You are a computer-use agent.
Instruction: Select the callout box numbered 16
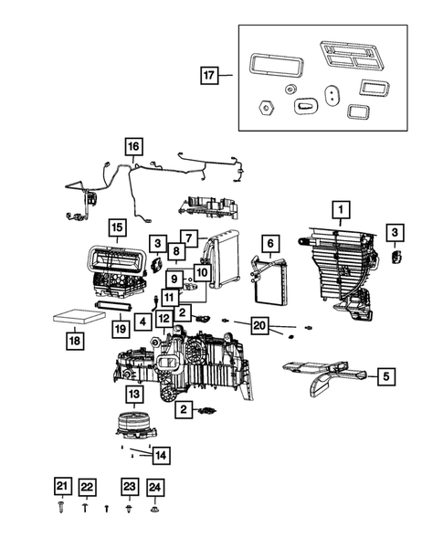(x=133, y=146)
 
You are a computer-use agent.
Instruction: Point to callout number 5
(x=385, y=374)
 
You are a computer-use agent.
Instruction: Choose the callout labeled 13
(x=134, y=394)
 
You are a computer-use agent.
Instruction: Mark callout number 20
(x=259, y=324)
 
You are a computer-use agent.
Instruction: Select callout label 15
(x=116, y=227)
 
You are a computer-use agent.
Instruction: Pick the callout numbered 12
(x=163, y=318)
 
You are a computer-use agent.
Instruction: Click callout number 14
(x=161, y=454)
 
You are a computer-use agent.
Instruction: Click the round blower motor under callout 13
(x=133, y=426)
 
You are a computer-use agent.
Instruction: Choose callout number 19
(x=118, y=328)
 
